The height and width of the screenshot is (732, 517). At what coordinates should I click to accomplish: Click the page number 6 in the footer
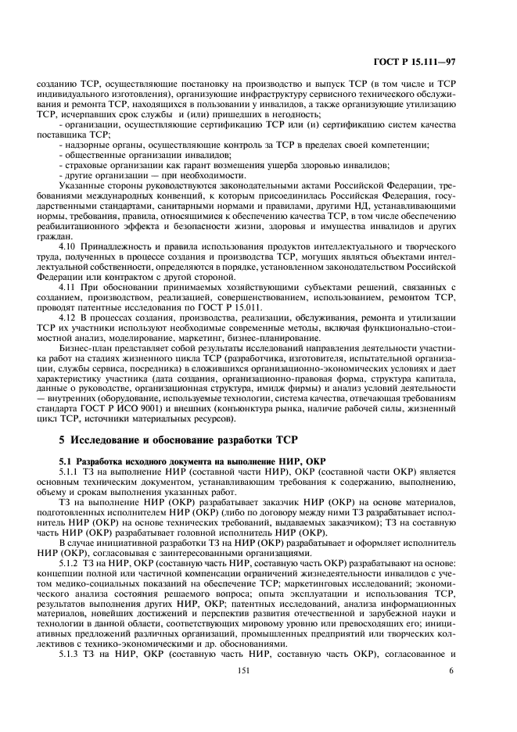click(451, 691)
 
